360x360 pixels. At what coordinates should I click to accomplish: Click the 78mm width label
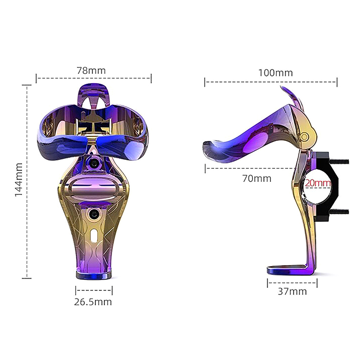(x=91, y=71)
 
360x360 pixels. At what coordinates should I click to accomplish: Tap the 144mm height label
(x=19, y=180)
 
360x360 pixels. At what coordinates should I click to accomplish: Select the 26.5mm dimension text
(x=93, y=301)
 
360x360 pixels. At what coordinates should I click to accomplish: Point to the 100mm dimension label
(x=275, y=73)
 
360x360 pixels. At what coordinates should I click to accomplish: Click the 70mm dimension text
(x=256, y=178)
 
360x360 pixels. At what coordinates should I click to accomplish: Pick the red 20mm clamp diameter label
(x=318, y=183)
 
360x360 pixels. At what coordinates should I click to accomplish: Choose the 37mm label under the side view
(x=292, y=291)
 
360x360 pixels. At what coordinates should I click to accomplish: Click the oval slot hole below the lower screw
(x=94, y=234)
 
